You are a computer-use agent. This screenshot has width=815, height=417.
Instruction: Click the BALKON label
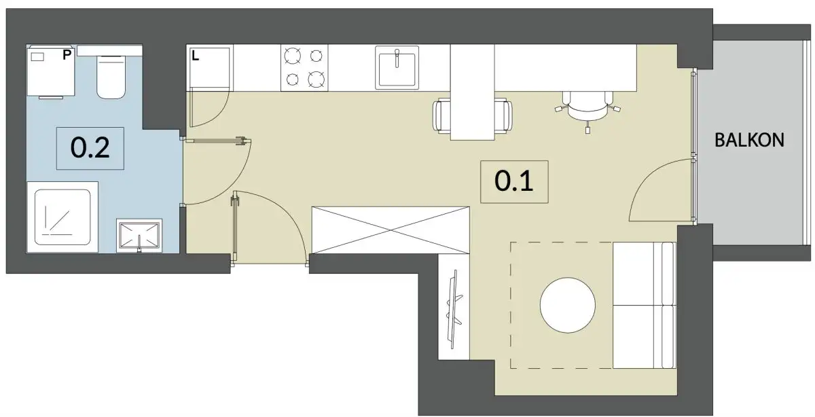[749, 140]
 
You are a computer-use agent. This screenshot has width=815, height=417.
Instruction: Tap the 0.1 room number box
[514, 181]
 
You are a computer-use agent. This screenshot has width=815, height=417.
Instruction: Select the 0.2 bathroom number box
[90, 148]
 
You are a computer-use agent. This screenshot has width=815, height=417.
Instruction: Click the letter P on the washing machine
[67, 55]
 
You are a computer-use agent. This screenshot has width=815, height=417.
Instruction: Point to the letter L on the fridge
[196, 56]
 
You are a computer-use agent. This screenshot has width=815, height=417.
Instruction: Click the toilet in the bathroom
[111, 77]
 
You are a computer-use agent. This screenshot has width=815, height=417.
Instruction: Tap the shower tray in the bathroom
[62, 217]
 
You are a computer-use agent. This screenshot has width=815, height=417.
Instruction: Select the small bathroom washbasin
[139, 236]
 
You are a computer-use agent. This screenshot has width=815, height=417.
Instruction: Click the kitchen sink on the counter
[397, 67]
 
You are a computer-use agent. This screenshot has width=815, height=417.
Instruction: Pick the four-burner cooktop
[304, 68]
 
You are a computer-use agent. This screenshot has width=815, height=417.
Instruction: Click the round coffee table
[568, 305]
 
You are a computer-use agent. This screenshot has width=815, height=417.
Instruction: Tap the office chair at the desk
[587, 109]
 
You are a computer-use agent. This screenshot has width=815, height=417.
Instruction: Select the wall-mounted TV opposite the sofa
[454, 310]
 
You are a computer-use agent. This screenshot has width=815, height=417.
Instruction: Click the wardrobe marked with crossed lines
[391, 230]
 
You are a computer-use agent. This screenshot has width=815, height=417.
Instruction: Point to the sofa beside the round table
[645, 305]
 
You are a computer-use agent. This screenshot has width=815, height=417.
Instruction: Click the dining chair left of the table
[441, 115]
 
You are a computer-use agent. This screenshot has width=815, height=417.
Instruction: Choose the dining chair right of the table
[503, 115]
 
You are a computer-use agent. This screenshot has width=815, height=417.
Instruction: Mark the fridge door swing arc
[217, 115]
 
